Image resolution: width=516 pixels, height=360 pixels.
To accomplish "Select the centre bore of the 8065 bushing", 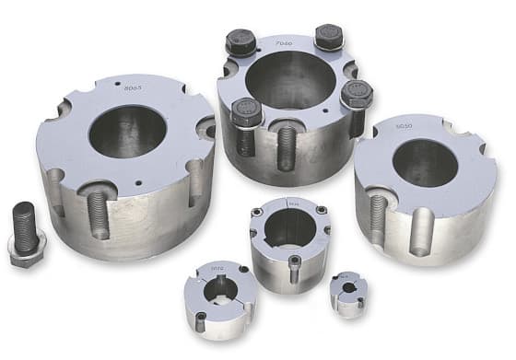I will tap(128, 130).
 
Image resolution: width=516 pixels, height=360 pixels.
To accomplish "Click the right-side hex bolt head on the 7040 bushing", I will tap(357, 94).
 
